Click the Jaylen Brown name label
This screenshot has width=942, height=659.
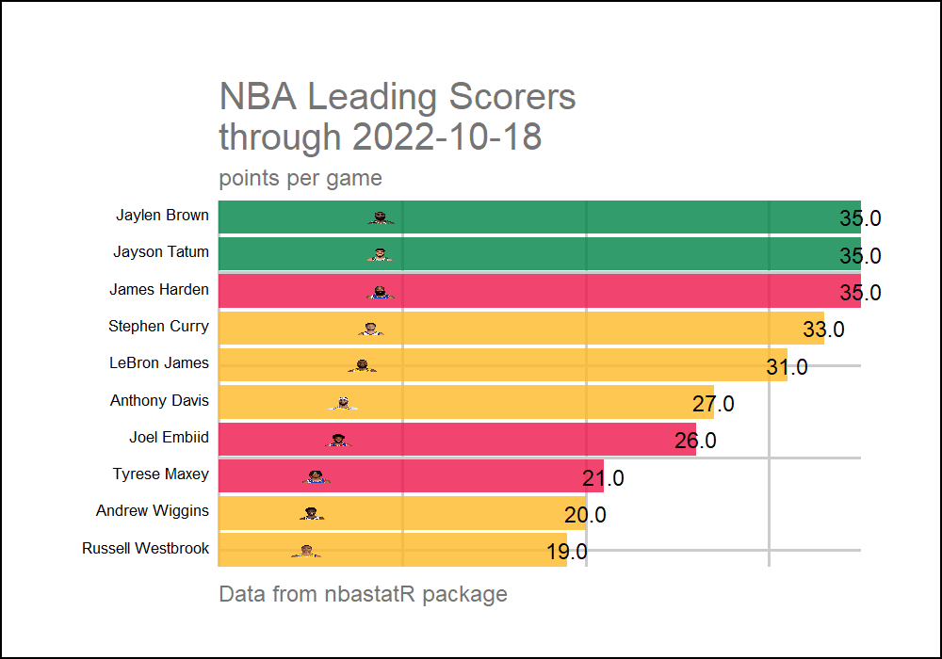click(162, 216)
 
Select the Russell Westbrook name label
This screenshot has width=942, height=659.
click(146, 548)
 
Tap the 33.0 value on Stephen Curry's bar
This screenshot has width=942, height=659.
click(823, 329)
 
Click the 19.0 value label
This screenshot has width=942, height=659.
click(566, 552)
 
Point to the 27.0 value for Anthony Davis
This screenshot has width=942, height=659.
click(713, 404)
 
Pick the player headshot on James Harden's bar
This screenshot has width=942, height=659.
click(380, 293)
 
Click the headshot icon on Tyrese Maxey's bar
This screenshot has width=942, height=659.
click(317, 477)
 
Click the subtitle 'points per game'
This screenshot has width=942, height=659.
click(300, 178)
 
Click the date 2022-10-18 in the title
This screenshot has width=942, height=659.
click(447, 137)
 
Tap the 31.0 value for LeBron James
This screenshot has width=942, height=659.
click(787, 367)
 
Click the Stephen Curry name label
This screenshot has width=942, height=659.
click(158, 327)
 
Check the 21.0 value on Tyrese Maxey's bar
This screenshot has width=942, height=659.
click(603, 478)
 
